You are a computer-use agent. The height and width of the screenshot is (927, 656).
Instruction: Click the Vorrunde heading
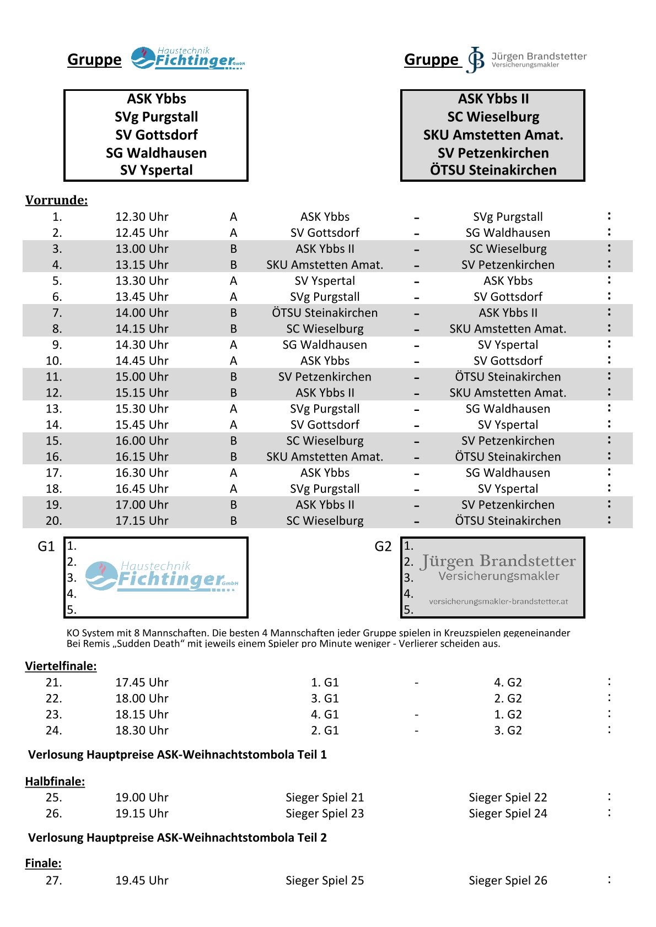click(x=56, y=200)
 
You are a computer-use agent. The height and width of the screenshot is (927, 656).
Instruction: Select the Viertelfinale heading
click(x=61, y=666)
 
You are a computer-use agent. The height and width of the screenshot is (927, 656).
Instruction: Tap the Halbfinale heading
click(x=55, y=781)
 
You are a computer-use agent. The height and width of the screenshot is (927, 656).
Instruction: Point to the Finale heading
click(x=43, y=863)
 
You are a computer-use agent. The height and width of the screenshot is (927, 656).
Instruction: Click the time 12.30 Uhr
click(x=142, y=216)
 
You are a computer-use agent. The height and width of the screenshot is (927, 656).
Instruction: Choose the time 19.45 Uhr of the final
click(x=142, y=880)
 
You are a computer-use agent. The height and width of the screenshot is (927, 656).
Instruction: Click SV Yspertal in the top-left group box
click(x=157, y=170)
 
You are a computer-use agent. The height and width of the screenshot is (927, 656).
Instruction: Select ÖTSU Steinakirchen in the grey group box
click(x=493, y=170)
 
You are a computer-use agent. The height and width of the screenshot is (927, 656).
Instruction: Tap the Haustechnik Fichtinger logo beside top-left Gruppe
click(x=188, y=58)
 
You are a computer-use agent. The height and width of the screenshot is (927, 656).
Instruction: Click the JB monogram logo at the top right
click(x=476, y=59)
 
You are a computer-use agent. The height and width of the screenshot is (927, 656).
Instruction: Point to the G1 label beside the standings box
click(x=46, y=546)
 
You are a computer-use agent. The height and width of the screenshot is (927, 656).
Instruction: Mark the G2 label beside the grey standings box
click(x=383, y=546)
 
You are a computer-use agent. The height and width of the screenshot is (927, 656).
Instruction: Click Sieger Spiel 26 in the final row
click(x=508, y=880)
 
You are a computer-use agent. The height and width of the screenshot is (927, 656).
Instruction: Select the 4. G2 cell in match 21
click(x=508, y=682)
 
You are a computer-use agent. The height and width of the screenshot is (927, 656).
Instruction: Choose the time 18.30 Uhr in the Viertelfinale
click(x=142, y=730)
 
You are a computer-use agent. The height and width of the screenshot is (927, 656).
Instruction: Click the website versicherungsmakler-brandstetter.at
click(x=498, y=601)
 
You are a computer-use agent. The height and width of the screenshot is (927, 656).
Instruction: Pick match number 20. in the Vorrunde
click(x=54, y=521)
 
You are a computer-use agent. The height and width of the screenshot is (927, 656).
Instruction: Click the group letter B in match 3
click(x=234, y=249)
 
